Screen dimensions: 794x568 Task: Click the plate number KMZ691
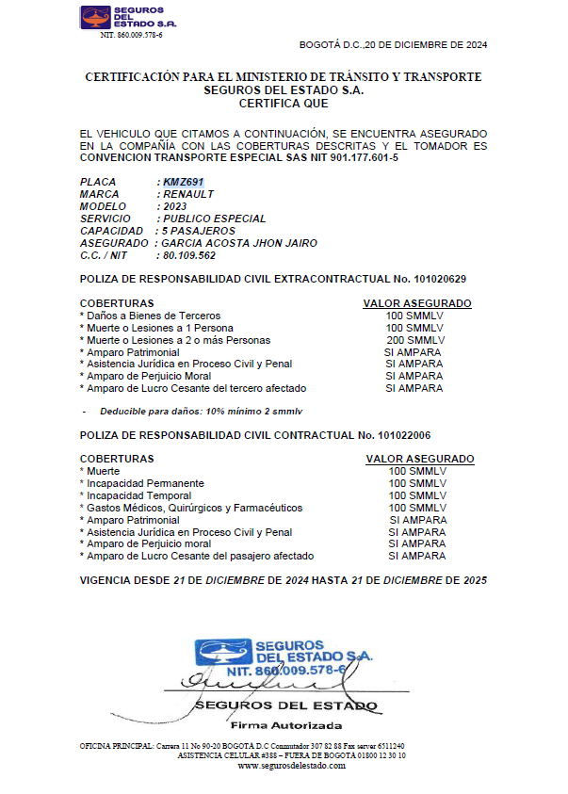[183, 182]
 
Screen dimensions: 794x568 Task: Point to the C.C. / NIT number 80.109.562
[189, 255]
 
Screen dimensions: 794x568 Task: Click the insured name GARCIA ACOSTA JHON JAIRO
[239, 243]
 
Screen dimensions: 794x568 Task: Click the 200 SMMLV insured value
[415, 340]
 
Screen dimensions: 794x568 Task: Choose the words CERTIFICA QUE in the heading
[284, 104]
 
